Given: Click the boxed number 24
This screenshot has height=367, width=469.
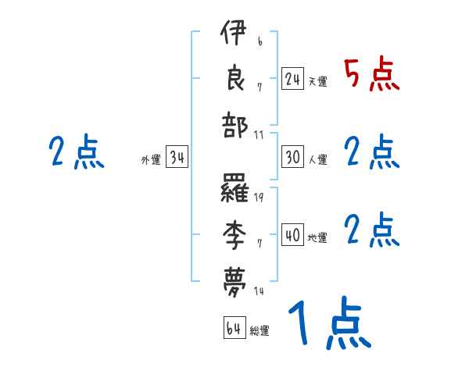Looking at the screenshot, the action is tap(292, 78).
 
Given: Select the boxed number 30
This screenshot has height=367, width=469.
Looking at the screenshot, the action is tap(292, 157).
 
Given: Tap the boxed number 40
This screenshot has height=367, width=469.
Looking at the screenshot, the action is tap(292, 235).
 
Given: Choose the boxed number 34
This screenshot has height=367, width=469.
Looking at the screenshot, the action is tap(177, 157).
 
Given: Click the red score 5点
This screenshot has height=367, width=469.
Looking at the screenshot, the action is tap(372, 75).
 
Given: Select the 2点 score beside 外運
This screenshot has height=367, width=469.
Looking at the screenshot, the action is tap(76, 151).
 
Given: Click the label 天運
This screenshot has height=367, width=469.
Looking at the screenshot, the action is tap(318, 81).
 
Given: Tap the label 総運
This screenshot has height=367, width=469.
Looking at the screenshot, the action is tap(260, 331).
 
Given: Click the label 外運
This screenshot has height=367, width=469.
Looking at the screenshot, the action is tap(151, 160).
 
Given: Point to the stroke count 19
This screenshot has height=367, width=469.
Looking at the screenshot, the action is tap(259, 198).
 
